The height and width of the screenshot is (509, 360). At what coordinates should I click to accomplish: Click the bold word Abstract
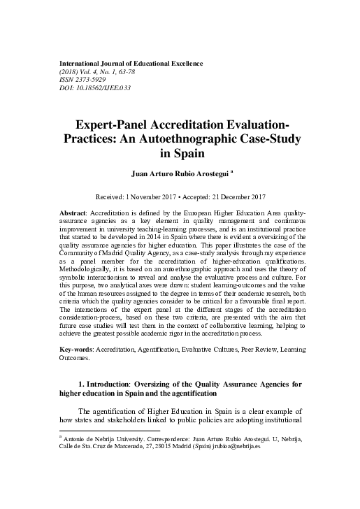coord(74,210)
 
